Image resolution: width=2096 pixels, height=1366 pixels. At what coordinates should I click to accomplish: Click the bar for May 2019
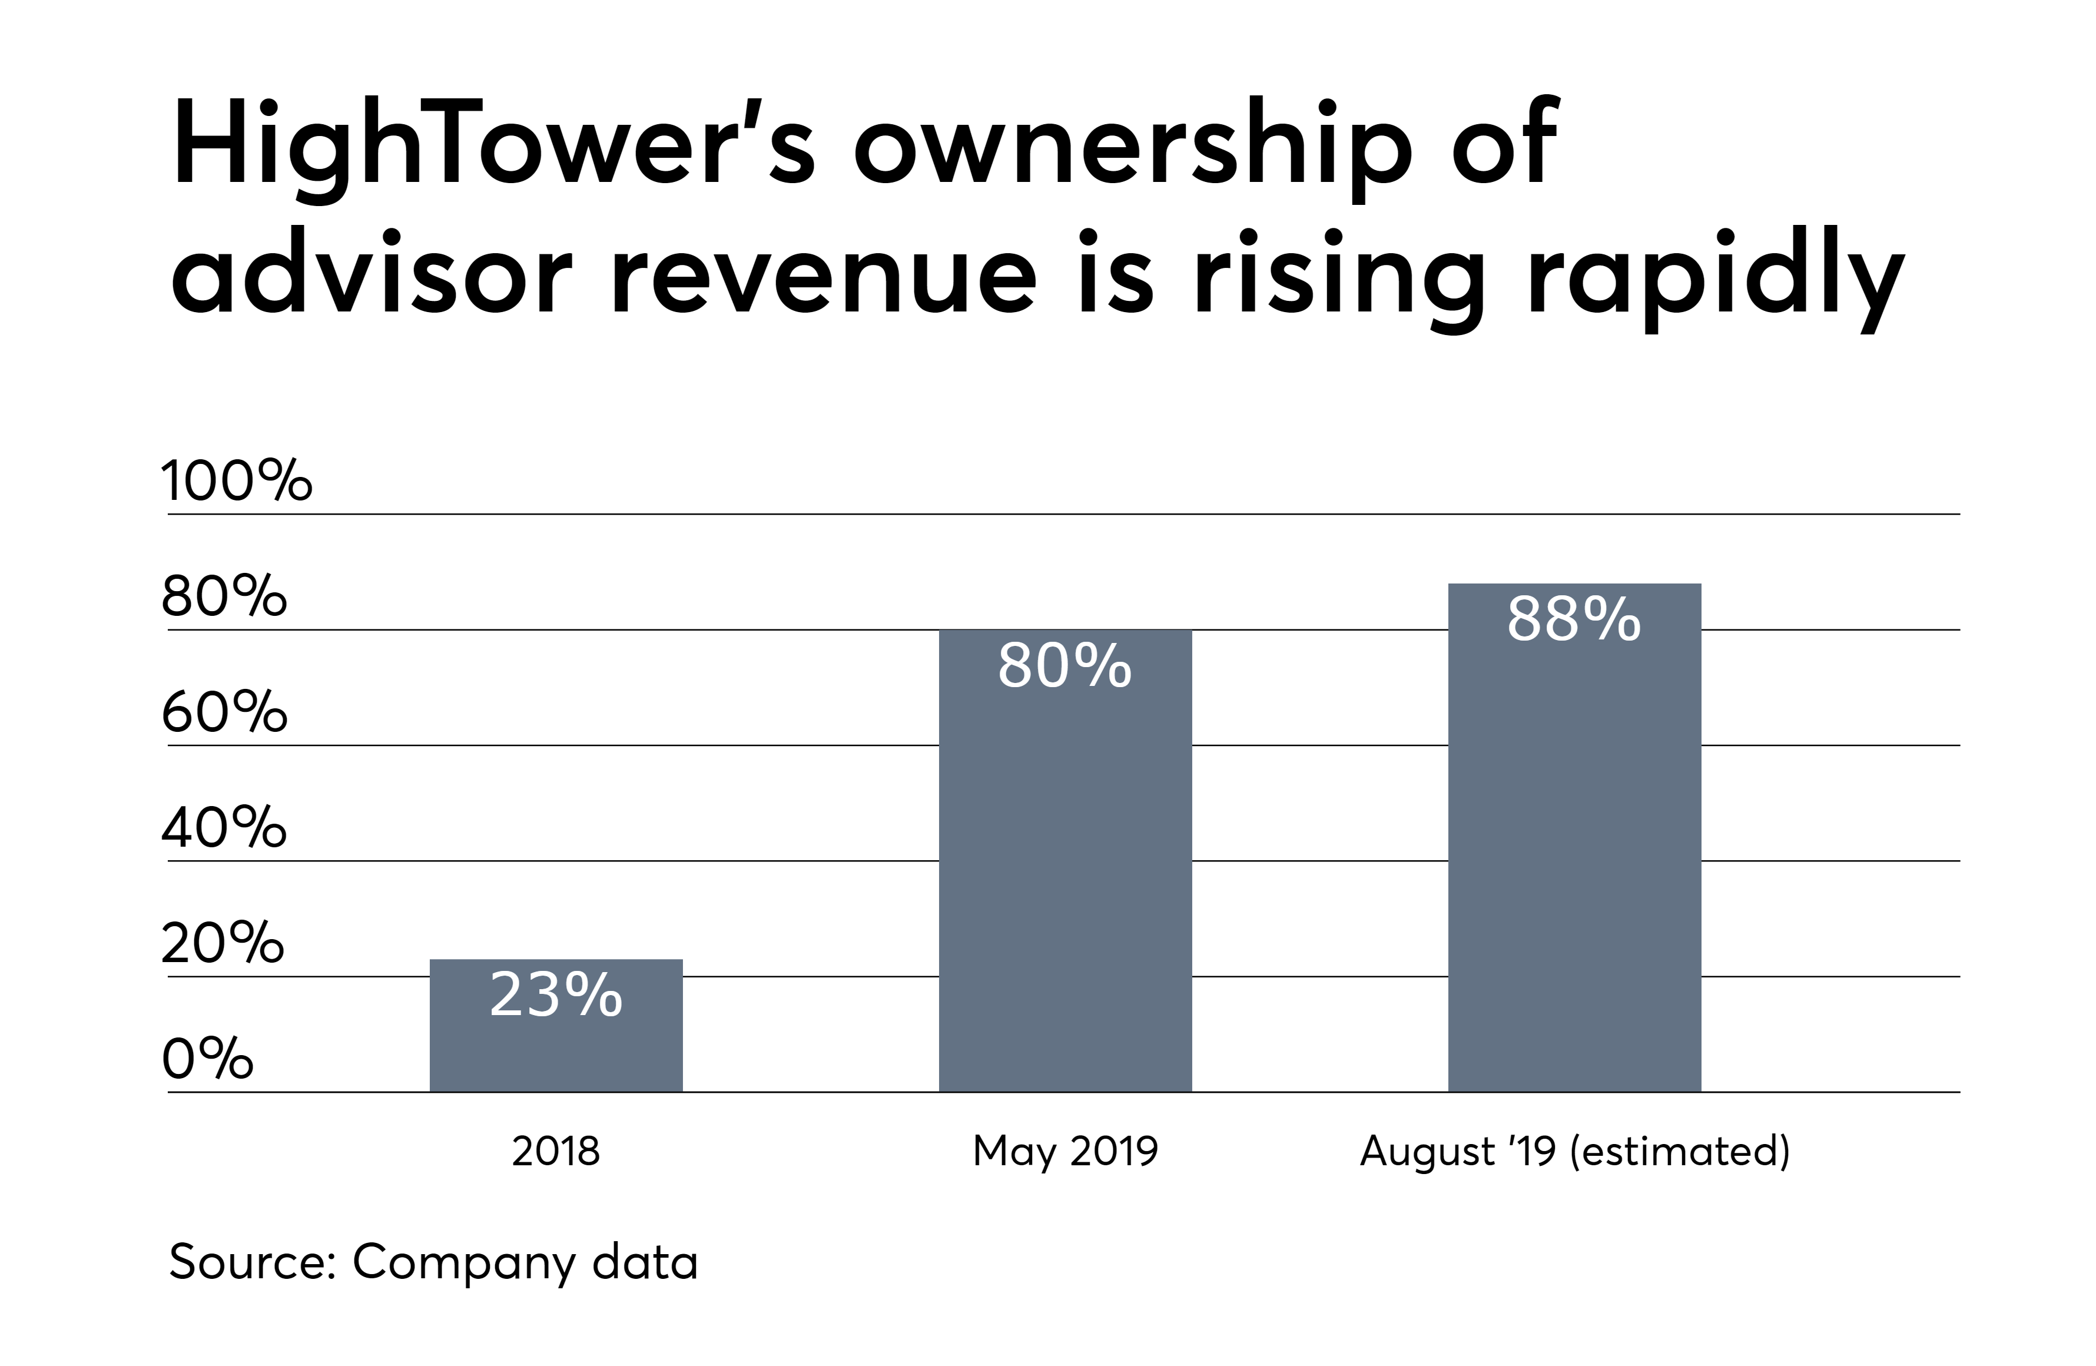click(1064, 881)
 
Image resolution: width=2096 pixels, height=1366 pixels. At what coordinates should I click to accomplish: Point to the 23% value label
click(556, 995)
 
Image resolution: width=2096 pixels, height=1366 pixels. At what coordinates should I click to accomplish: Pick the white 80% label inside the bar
click(1064, 666)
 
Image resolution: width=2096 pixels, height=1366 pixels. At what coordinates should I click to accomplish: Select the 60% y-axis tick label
click(224, 712)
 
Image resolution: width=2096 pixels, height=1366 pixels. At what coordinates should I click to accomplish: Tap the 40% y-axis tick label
click(224, 828)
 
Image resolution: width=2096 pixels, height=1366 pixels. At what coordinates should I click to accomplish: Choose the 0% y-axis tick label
click(208, 1059)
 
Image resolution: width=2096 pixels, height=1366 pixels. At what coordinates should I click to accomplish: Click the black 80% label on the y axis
click(224, 596)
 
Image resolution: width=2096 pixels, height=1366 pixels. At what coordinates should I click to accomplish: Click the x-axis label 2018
click(556, 1151)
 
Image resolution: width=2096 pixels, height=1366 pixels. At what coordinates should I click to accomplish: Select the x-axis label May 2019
click(1064, 1151)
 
